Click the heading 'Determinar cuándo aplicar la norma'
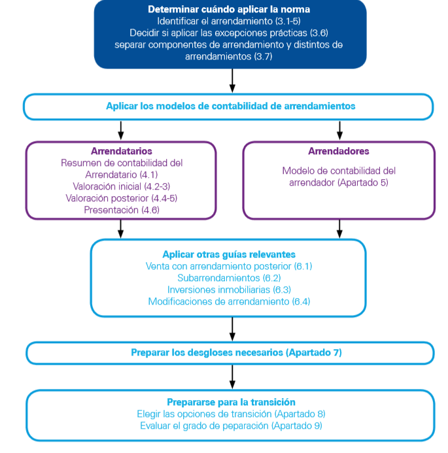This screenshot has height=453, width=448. click(x=229, y=9)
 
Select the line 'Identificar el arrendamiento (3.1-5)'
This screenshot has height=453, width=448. click(x=229, y=21)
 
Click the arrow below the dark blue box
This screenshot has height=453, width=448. click(x=232, y=80)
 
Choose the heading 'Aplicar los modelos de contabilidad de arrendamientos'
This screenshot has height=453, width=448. click(x=231, y=106)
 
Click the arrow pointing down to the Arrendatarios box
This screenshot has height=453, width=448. click(x=121, y=130)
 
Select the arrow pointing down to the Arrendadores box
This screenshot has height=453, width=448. click(x=339, y=130)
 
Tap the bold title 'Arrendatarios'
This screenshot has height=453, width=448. click(x=122, y=151)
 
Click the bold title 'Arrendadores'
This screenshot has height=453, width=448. click(x=339, y=151)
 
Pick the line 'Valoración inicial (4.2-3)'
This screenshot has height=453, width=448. click(x=122, y=186)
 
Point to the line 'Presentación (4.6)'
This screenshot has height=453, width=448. click(x=122, y=210)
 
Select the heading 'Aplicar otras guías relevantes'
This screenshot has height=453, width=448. click(x=229, y=254)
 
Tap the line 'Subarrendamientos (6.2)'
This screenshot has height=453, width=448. click(x=229, y=278)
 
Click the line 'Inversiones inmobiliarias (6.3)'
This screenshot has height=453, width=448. click(x=229, y=290)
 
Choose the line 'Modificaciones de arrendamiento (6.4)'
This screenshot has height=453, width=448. click(x=229, y=301)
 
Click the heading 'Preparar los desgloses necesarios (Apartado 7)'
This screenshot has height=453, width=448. click(x=237, y=353)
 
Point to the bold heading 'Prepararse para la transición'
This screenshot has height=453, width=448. click(x=232, y=402)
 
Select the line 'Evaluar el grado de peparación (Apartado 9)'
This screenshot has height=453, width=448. click(x=232, y=426)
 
